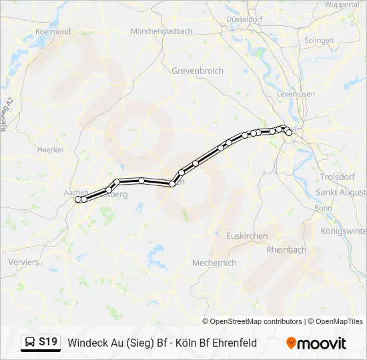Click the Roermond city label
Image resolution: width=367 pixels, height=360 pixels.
53,31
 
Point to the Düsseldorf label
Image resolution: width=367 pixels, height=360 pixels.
244,19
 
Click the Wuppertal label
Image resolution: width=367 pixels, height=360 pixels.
342,4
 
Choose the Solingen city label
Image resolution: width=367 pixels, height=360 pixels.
318,40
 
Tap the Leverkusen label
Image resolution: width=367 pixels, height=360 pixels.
296,94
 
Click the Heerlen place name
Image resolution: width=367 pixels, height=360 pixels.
51,150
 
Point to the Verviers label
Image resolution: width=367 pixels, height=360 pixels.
23,262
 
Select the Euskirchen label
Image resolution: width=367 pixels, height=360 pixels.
247,236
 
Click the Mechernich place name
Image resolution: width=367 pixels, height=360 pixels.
214,263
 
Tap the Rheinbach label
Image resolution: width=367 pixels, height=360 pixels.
286,249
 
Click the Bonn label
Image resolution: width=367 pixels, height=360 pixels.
323,208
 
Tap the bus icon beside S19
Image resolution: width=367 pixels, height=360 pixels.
30,343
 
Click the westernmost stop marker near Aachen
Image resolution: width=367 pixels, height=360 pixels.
78,199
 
